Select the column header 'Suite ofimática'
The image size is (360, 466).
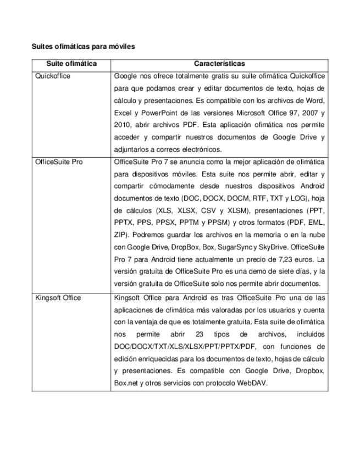71,64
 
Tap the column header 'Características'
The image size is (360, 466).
219,64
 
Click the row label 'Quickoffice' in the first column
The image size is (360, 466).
53,76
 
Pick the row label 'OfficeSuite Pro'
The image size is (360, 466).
59,162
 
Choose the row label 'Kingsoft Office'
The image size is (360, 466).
58,298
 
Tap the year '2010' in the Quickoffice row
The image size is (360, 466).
122,125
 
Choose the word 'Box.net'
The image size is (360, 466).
125,383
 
